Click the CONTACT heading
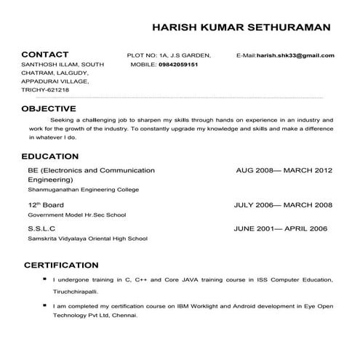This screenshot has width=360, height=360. click(45, 55)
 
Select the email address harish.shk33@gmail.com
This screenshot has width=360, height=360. click(295, 55)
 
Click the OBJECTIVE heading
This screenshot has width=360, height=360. click(49, 108)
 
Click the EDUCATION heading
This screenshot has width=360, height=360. click(50, 156)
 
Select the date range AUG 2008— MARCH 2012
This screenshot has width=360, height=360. click(284, 170)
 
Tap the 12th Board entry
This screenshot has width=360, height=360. click(46, 205)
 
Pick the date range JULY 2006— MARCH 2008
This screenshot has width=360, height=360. click(283, 205)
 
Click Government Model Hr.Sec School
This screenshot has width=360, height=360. click(77, 215)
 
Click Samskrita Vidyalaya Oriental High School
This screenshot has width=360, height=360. click(87, 239)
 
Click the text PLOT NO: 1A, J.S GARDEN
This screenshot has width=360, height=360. click(169, 55)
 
